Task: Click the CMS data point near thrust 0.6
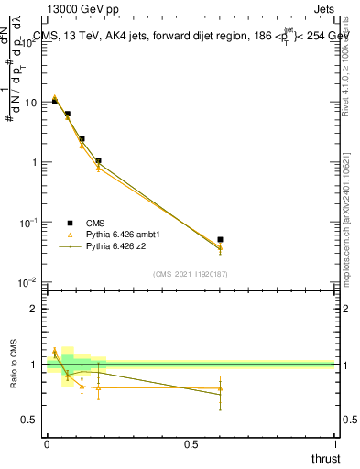click(220, 240)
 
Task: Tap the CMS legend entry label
click(95, 223)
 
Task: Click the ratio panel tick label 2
click(35, 309)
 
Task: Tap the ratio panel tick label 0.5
click(31, 420)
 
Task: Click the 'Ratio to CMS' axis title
click(12, 364)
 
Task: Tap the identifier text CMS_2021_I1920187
click(190, 274)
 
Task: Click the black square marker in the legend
click(70, 223)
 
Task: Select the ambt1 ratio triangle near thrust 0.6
click(220, 388)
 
